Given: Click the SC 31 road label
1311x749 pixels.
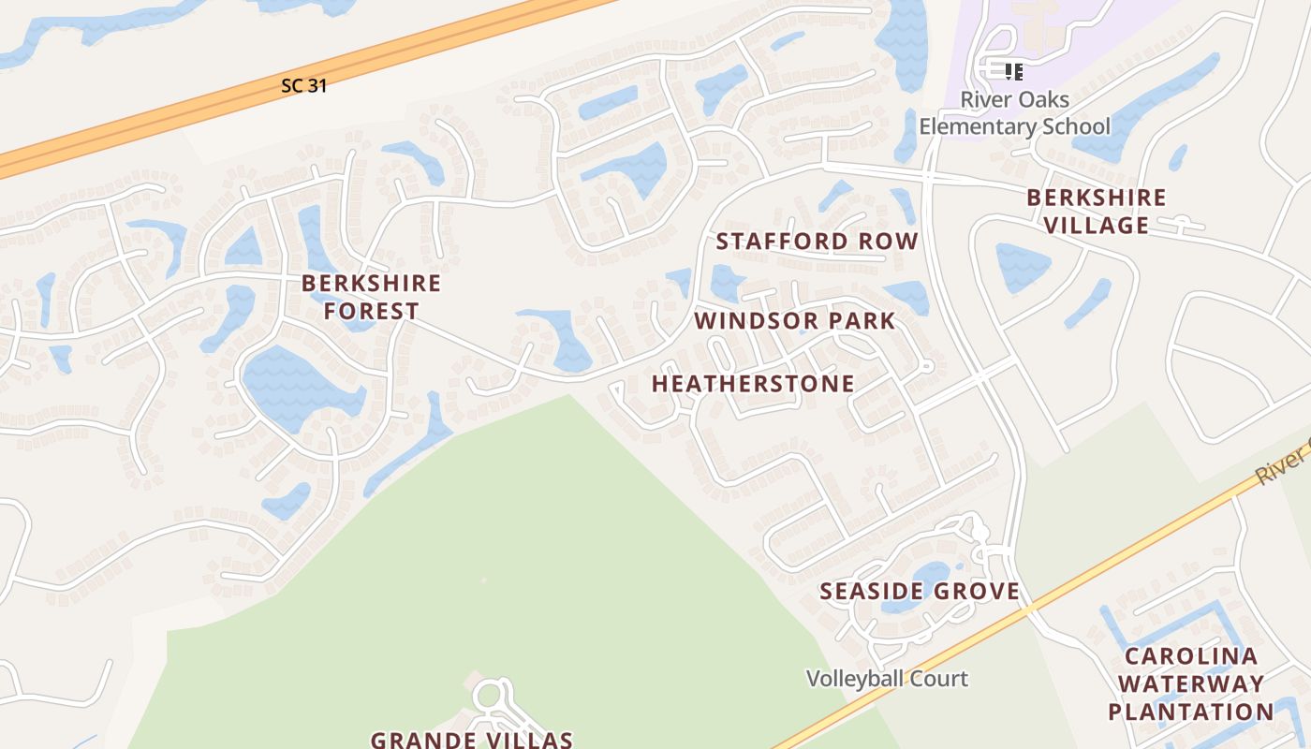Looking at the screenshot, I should coord(303,85).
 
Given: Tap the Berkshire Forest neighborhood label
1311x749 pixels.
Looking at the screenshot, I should coord(371,297).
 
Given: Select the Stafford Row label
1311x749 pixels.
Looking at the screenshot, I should coord(818,242).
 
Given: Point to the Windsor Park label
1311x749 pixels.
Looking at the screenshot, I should coord(794,321).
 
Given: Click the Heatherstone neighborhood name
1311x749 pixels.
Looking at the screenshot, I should coord(753,384).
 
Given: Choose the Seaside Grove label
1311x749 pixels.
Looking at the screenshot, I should coord(920,591).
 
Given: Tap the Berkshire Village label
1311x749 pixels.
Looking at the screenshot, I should coord(1096,212).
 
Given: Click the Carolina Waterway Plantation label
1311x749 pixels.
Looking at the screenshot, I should coord(1191,683).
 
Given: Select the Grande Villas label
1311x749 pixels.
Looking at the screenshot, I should coord(471,740).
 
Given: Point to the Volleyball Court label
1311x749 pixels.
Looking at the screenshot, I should coord(887,679).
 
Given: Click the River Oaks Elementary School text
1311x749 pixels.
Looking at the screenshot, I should coord(1014,112).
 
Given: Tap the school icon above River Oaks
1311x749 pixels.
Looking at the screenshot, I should coord(1013,71).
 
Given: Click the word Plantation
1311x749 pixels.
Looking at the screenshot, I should coord(1191,712).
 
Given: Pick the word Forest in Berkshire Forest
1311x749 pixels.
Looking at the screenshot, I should coord(371,311).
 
